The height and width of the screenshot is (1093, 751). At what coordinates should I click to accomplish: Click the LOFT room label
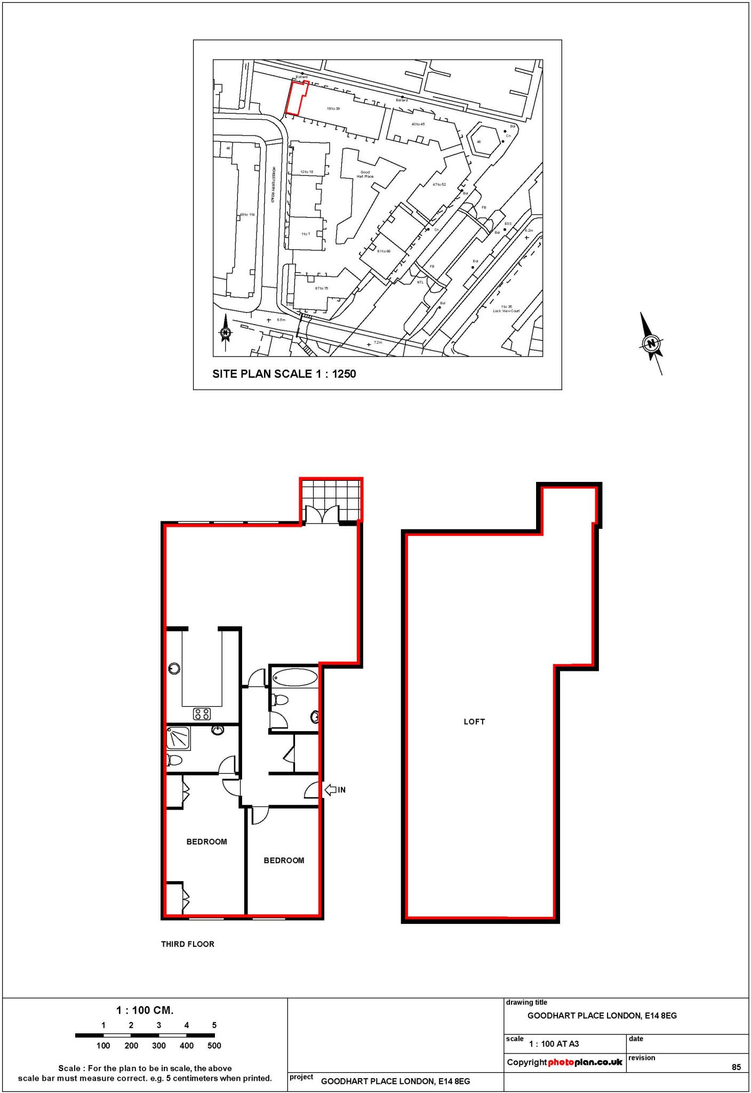click(474, 722)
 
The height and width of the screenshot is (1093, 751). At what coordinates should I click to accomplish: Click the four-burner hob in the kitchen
click(202, 714)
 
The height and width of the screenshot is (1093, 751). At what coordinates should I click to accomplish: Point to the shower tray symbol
click(178, 739)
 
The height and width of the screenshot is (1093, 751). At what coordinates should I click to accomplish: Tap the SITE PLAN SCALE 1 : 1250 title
click(284, 374)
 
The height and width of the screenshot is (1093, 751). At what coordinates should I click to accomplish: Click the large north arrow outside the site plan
click(651, 343)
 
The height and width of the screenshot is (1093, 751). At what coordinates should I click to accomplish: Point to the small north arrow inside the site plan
click(226, 332)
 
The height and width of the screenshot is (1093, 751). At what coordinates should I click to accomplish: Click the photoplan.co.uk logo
click(585, 1062)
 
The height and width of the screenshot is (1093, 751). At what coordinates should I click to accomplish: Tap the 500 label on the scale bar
click(214, 1046)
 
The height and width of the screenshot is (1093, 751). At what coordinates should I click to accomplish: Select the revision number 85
click(736, 1067)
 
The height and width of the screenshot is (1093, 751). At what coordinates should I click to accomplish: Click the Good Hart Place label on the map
click(365, 174)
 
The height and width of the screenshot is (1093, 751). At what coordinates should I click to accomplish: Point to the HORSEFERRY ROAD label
click(272, 184)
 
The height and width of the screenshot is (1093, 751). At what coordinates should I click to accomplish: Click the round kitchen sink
click(174, 668)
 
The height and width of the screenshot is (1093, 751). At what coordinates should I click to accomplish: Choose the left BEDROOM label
click(206, 842)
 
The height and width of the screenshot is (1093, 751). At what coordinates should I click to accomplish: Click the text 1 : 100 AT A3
click(554, 1044)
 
